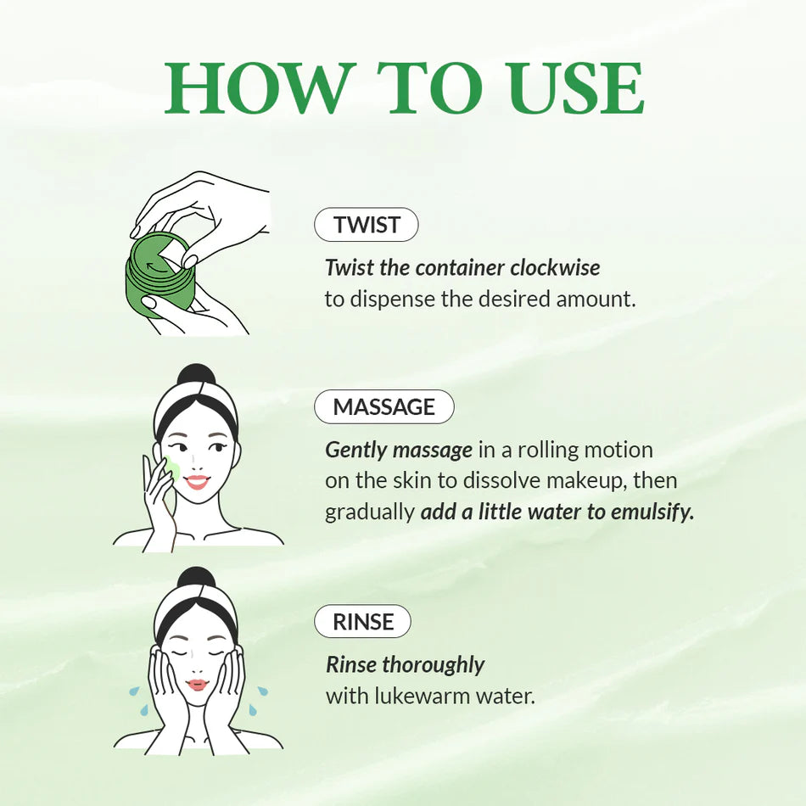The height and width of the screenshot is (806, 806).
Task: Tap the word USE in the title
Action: (574, 88)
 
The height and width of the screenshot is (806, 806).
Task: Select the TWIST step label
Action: (366, 225)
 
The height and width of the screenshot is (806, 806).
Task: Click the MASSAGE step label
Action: (383, 407)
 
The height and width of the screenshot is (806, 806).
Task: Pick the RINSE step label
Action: (362, 622)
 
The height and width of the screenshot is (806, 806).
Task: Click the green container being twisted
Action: (159, 276)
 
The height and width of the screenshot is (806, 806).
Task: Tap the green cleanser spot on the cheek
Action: (173, 467)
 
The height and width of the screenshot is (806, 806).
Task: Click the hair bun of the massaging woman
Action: (196, 377)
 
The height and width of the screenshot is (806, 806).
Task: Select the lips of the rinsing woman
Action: (197, 685)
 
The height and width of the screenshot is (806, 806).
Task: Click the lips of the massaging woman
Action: (197, 482)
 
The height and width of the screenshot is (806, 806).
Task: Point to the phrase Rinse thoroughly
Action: (405, 664)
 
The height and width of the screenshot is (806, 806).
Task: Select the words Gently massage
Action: (398, 451)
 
